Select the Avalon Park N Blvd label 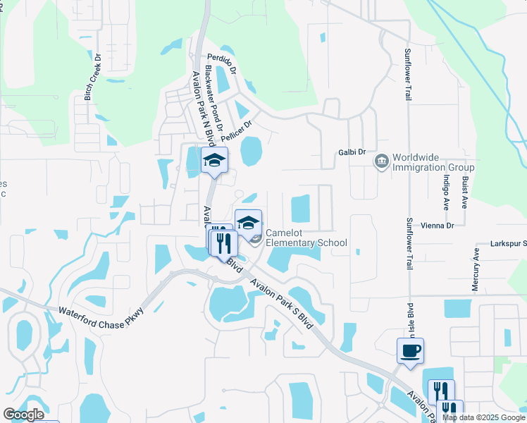(199, 109)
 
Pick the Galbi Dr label (352, 152)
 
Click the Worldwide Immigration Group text (433, 162)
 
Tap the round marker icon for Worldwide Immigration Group (382, 162)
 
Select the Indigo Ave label (446, 190)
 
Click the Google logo (23, 415)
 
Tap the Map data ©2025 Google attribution (483, 417)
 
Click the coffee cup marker (410, 350)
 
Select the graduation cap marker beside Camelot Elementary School (248, 223)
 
